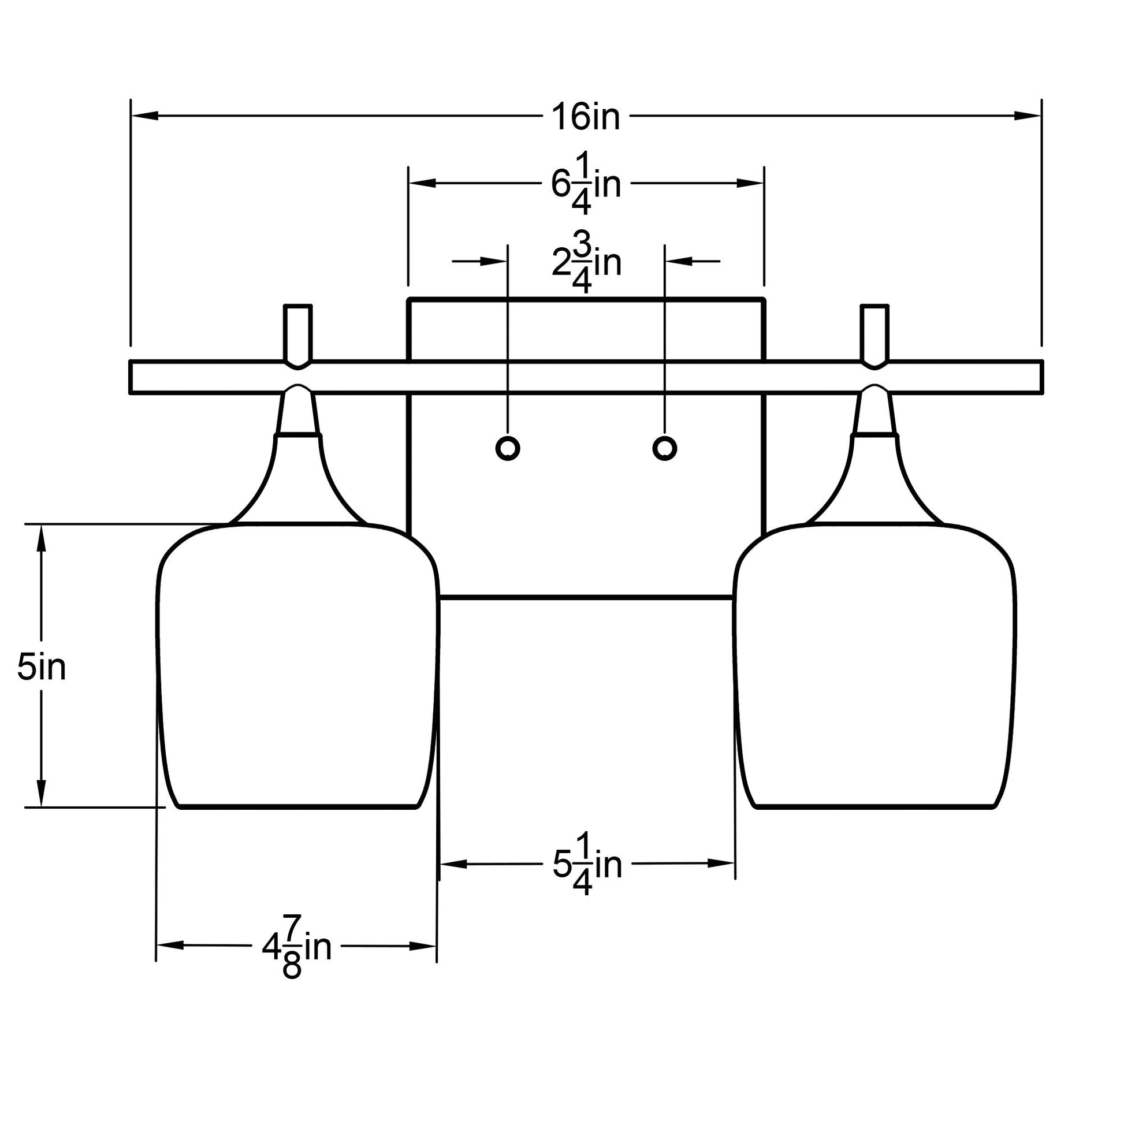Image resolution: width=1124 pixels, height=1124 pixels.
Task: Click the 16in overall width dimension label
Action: tap(586, 117)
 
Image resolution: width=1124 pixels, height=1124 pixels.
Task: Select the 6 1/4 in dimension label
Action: tap(586, 184)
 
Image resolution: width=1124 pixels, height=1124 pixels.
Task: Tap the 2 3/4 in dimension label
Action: tap(586, 263)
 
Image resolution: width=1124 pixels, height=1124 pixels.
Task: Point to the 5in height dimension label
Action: tap(42, 667)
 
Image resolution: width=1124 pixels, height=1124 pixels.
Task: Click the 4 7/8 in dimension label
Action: tap(296, 947)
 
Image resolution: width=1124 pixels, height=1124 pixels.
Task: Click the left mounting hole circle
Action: tap(507, 448)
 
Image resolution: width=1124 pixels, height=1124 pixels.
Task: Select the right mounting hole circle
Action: tap(664, 448)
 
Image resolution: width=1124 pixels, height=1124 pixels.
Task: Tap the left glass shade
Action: tap(297, 663)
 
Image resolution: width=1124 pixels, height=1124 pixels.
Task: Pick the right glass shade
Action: tap(874, 663)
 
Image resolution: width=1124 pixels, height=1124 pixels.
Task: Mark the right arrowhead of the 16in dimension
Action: tap(1028, 116)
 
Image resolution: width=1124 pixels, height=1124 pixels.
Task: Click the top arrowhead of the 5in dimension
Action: tap(42, 539)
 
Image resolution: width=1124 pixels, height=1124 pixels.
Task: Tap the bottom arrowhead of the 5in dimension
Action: tap(42, 792)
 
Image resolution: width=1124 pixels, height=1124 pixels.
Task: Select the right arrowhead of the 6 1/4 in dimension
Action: tap(750, 183)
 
